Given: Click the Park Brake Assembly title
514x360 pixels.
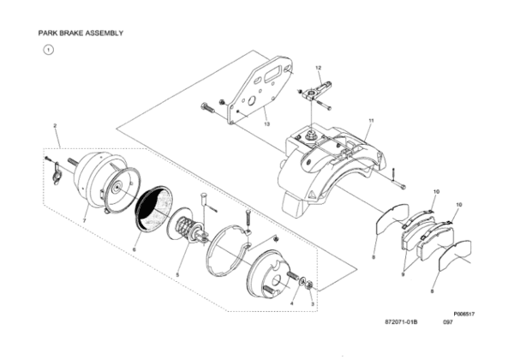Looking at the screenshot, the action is [81, 33].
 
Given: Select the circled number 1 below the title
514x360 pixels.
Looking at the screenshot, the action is [49, 51].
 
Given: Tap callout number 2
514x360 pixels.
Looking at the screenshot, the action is [55, 126].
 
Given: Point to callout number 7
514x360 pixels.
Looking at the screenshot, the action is [84, 221].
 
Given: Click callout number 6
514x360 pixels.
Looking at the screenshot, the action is [134, 249].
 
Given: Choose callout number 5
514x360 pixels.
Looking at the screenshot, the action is [177, 275].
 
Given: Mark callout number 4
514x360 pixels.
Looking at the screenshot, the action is [292, 303].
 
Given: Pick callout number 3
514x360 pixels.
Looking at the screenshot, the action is [313, 304].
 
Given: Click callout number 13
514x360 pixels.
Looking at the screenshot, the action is [266, 124].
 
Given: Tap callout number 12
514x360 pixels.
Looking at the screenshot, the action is [319, 68].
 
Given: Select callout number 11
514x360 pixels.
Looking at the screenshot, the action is [371, 121].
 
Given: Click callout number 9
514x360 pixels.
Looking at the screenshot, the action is [403, 274].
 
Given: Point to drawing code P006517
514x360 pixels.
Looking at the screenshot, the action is [463, 314].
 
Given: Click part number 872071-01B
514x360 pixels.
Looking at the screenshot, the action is [401, 322].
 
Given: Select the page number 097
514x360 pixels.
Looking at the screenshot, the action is [448, 322].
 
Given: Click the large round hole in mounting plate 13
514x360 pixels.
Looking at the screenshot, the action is [253, 100].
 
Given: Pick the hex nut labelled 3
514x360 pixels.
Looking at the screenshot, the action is [308, 286].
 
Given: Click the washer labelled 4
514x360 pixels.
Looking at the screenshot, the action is [302, 281].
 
